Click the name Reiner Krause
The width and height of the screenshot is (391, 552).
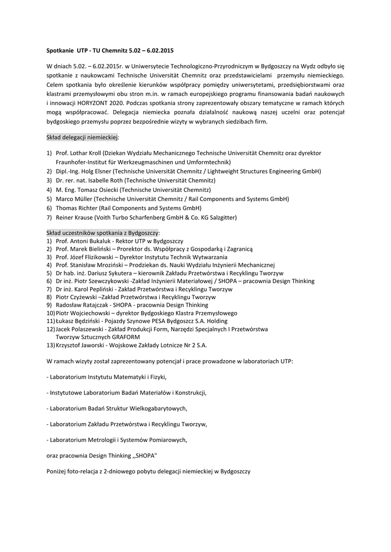click(74, 217)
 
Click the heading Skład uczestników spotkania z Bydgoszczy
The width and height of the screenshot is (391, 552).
click(103, 232)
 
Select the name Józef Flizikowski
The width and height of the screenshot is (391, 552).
click(91, 257)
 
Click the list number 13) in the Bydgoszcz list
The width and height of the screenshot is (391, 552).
click(51, 345)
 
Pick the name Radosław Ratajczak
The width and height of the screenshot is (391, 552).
click(80, 305)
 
